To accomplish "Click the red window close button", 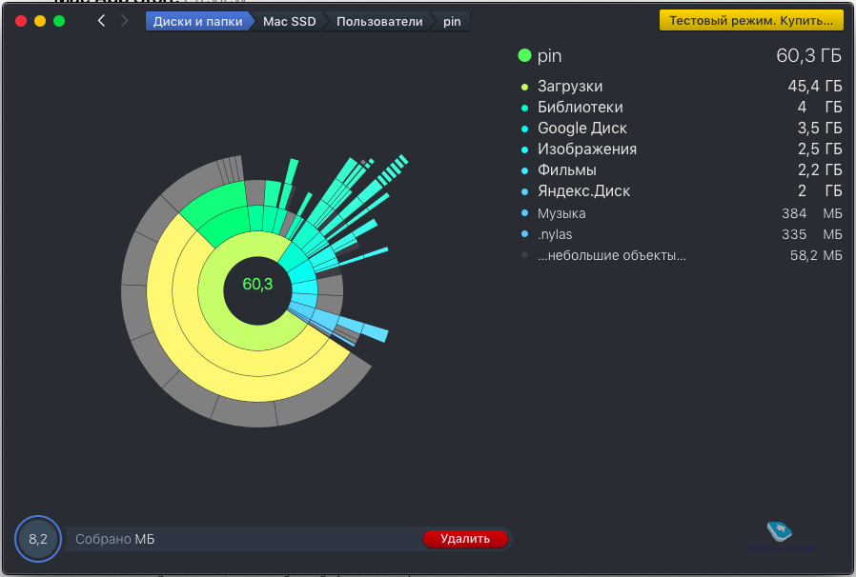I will point(21,21).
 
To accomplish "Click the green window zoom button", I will point(59,21).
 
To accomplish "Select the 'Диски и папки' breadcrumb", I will point(197,21).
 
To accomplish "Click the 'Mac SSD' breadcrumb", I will point(289,21).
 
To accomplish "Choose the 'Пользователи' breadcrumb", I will point(378,21).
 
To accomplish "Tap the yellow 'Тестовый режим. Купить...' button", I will point(751,20).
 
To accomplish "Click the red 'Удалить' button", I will point(465,539).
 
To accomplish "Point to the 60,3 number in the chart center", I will point(257,284).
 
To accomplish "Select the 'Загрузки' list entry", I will point(569,87).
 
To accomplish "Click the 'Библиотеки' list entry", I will point(580,108).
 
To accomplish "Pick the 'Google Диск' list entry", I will point(581,129).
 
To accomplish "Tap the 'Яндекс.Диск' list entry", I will point(583,191).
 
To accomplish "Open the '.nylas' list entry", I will point(555,234).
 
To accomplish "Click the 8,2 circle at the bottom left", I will point(38,539).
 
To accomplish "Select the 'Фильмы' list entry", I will point(566,170).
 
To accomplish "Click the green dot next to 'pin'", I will point(524,56).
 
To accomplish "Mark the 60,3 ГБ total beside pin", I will point(809,56).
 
